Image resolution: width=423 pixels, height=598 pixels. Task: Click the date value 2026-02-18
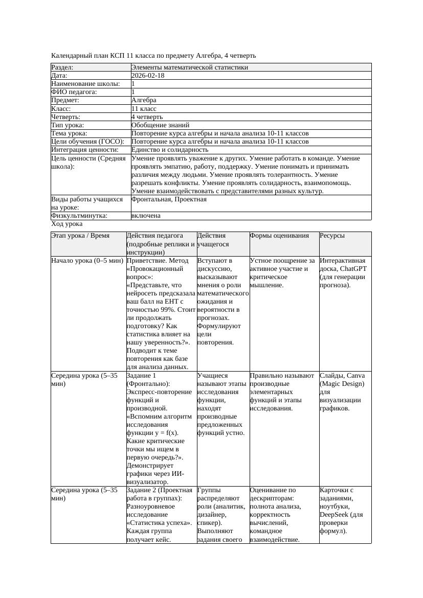(x=148, y=76)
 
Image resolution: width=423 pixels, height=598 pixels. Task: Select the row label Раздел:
(x=62, y=67)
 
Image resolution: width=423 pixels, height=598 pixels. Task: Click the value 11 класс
(x=144, y=109)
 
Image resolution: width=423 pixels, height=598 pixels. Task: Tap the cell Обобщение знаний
(x=160, y=125)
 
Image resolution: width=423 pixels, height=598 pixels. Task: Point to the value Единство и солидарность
(x=169, y=150)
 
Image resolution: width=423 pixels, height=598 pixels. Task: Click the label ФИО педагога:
(x=74, y=92)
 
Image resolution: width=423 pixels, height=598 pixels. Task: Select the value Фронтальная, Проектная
(x=169, y=199)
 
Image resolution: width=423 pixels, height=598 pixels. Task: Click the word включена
(x=146, y=216)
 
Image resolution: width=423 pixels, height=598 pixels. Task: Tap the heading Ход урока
(x=67, y=224)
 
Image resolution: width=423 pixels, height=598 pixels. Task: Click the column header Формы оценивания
(x=279, y=236)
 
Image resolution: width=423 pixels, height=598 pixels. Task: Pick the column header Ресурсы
(x=332, y=236)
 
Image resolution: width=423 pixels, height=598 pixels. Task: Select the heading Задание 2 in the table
(x=141, y=490)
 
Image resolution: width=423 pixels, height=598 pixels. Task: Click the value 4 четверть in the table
(x=147, y=117)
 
